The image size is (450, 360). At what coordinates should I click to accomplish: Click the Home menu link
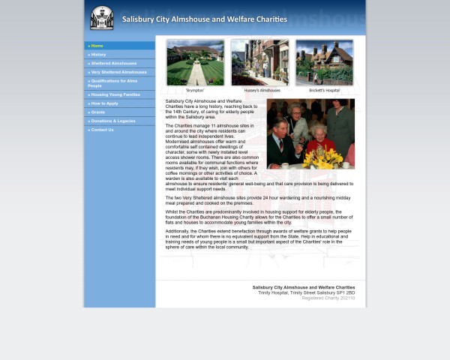(x=97, y=46)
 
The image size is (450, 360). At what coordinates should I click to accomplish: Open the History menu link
(x=99, y=55)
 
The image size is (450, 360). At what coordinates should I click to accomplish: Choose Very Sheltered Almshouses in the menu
(x=118, y=72)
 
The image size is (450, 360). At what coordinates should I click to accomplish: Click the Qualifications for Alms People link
(x=112, y=83)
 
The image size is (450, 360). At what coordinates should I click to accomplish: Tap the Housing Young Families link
(x=115, y=94)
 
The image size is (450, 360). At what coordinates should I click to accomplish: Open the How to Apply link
(x=105, y=103)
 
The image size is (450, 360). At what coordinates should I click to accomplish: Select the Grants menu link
(x=98, y=112)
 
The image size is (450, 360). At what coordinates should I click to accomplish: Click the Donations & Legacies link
(x=113, y=121)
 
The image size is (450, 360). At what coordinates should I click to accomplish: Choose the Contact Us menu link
(x=103, y=130)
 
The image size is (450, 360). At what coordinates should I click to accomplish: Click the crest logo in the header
(x=102, y=19)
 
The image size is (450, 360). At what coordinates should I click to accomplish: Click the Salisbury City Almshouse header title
(x=204, y=19)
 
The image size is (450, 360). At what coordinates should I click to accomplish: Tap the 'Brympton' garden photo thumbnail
(x=195, y=62)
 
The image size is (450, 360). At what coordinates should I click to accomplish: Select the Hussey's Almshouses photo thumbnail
(x=260, y=62)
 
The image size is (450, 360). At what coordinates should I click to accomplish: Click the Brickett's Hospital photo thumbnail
(x=324, y=62)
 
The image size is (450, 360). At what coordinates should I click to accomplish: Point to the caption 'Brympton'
(x=195, y=90)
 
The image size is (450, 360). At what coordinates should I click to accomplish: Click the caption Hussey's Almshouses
(x=260, y=90)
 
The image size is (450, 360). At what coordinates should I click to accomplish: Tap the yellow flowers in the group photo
(x=323, y=157)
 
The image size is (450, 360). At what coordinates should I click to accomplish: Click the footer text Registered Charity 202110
(x=328, y=298)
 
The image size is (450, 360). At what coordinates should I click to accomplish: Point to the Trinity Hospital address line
(x=306, y=292)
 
